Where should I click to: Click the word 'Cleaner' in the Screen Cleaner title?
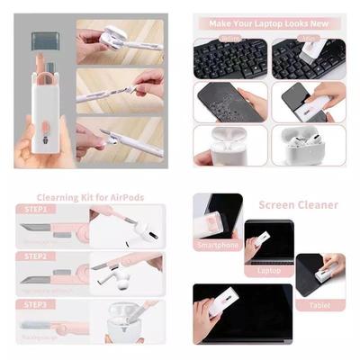(x=320, y=205)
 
